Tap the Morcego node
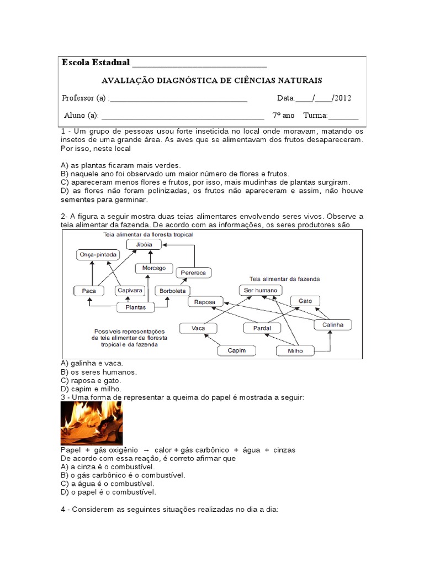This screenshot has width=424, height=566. [x=154, y=268]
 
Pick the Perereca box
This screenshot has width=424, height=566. [x=193, y=272]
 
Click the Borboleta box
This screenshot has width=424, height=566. [x=172, y=290]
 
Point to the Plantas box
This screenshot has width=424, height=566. [x=136, y=307]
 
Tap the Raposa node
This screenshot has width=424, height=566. [x=205, y=302]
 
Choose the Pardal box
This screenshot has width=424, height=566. [x=263, y=328]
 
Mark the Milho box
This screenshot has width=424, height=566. [x=295, y=350]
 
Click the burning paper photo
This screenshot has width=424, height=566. [x=91, y=423]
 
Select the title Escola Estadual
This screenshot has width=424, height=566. [x=96, y=62]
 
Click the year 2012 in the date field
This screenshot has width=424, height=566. [x=342, y=98]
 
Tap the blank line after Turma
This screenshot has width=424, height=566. [x=343, y=116]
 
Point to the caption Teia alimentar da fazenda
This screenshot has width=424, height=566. [x=285, y=279]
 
